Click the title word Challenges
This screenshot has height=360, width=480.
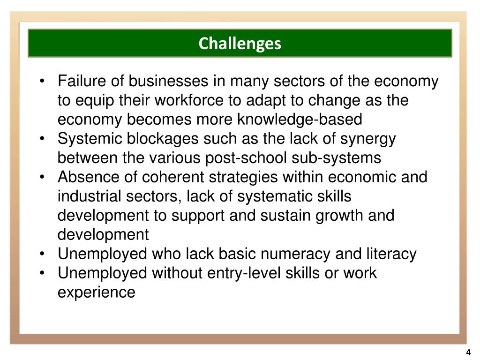(240, 44)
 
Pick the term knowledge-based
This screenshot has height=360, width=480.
(300, 120)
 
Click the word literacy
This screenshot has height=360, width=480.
(391, 254)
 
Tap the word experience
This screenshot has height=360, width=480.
(96, 292)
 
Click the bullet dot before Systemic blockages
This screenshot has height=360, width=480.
(43, 139)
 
